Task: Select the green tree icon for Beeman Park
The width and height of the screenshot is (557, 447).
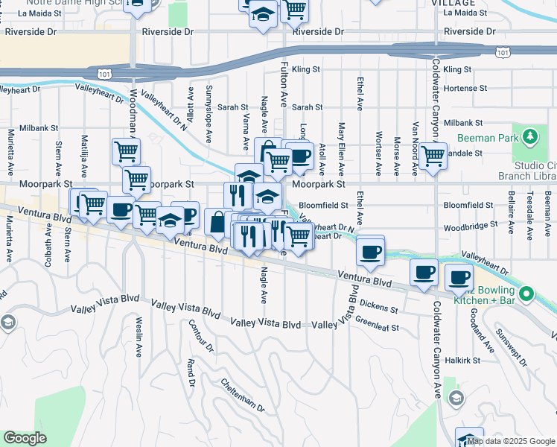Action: (529, 137)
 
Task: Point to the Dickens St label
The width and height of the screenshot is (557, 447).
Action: (379, 305)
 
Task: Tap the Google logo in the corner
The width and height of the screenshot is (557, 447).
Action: (25, 438)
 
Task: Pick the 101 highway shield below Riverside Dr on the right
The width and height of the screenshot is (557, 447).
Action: (504, 52)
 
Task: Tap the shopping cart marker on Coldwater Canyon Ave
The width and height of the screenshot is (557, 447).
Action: (433, 157)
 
